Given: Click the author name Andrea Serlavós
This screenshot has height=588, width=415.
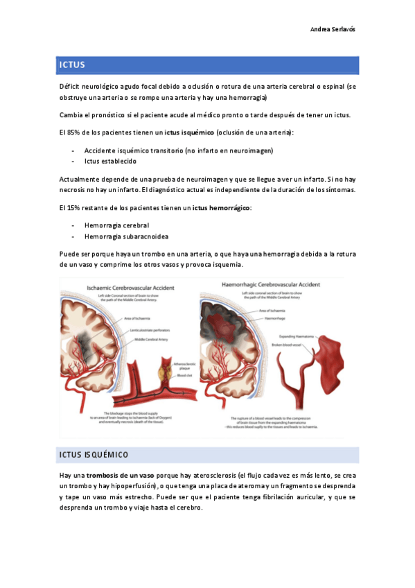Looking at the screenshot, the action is [x=333, y=30].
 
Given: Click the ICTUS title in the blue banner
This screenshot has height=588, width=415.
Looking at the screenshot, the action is [x=72, y=65].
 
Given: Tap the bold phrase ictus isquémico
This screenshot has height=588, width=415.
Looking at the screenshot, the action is [x=189, y=132].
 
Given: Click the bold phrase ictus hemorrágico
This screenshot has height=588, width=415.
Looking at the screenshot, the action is [x=221, y=207].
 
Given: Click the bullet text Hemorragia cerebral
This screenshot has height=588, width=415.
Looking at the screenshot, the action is [x=116, y=225].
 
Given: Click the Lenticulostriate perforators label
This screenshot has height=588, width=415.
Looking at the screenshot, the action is [x=148, y=331].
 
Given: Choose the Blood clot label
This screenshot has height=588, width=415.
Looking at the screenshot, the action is [x=184, y=375].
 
